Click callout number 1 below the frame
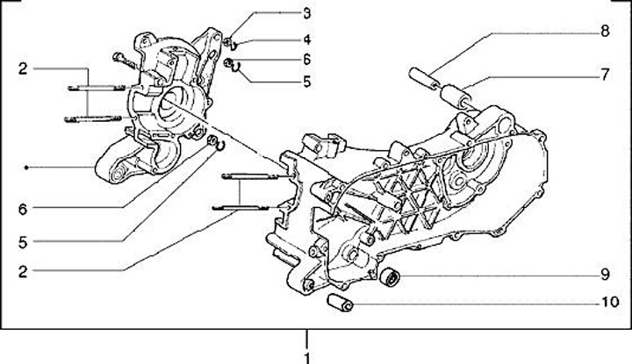tap(306, 356)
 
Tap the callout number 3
tap(306, 13)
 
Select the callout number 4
tap(306, 39)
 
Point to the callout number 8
tap(604, 32)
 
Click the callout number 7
tap(604, 75)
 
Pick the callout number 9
tap(604, 274)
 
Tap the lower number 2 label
tap(22, 271)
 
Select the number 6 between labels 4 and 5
tap(306, 60)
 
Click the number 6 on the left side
tap(23, 208)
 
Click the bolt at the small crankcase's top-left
tap(122, 61)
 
